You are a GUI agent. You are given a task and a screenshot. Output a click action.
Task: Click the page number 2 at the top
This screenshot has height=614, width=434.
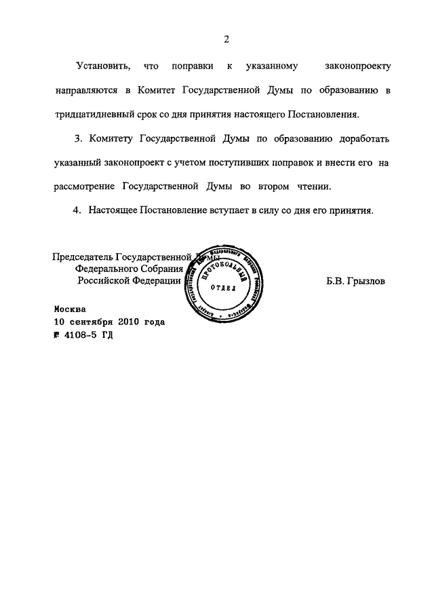pyautogui.click(x=228, y=40)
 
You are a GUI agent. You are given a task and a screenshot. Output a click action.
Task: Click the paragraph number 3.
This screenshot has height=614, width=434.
pyautogui.click(x=77, y=140)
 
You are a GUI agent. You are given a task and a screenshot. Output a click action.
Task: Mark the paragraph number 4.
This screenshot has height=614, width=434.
pyautogui.click(x=77, y=211)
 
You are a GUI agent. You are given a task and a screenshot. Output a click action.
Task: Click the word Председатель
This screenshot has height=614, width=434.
pyautogui.click(x=83, y=257)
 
